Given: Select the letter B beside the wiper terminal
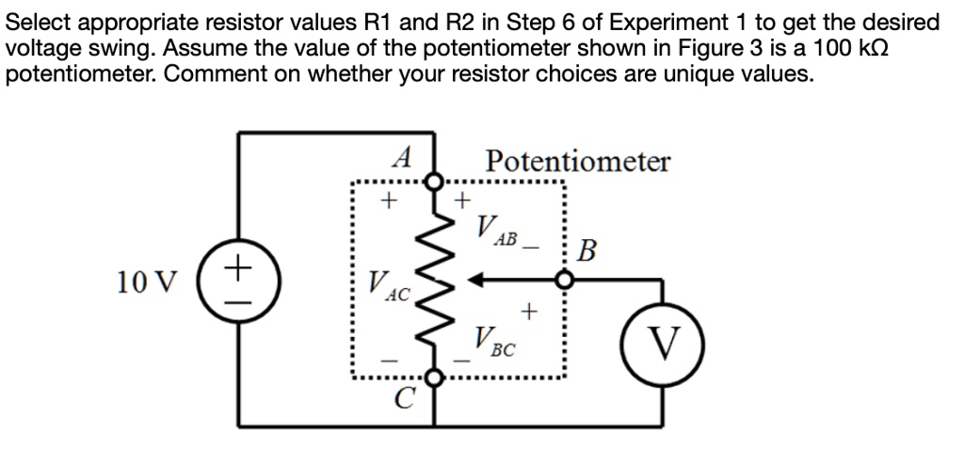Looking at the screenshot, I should pos(587,252).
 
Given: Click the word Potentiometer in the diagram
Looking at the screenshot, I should pos(578,161).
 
